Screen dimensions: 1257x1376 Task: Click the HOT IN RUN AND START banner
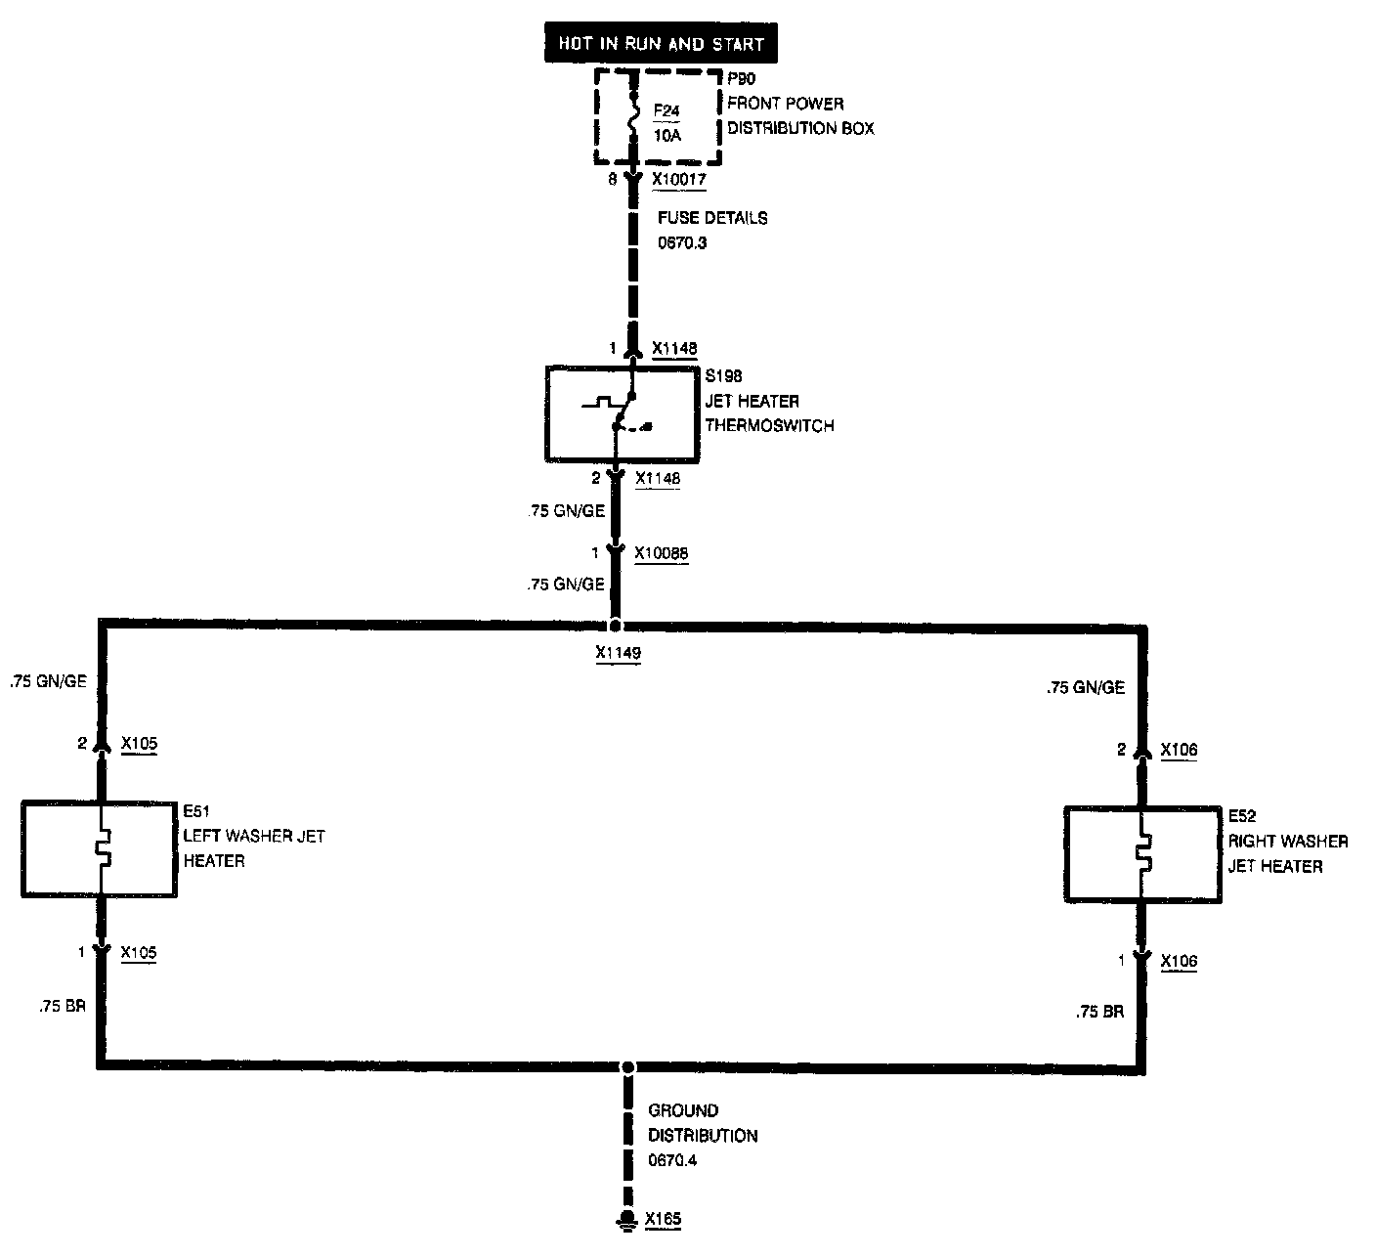pyautogui.click(x=661, y=45)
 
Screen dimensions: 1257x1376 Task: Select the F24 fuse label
pyautogui.click(x=666, y=110)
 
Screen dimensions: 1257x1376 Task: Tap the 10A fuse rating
pyautogui.click(x=666, y=136)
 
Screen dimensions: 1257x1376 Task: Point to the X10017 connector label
pyautogui.click(x=678, y=180)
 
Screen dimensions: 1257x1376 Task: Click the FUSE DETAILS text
pyautogui.click(x=711, y=218)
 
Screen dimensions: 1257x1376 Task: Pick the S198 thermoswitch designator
pyautogui.click(x=724, y=375)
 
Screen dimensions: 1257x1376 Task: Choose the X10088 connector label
pyautogui.click(x=661, y=553)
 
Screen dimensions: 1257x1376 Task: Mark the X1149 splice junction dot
pyautogui.click(x=616, y=625)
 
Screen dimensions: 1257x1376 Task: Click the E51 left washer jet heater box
pyautogui.click(x=99, y=848)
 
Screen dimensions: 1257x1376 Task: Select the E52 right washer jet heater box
pyautogui.click(x=1141, y=854)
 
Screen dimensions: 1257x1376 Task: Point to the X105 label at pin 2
pyautogui.click(x=139, y=744)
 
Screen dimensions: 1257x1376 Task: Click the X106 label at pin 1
pyautogui.click(x=1179, y=962)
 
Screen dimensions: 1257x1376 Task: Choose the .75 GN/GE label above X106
pyautogui.click(x=1086, y=688)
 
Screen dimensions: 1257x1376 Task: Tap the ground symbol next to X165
pyautogui.click(x=627, y=1220)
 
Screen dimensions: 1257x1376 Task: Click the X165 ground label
pyautogui.click(x=663, y=1219)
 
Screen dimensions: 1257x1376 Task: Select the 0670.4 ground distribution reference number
pyautogui.click(x=672, y=1161)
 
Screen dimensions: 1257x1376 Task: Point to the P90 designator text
pyautogui.click(x=742, y=79)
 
